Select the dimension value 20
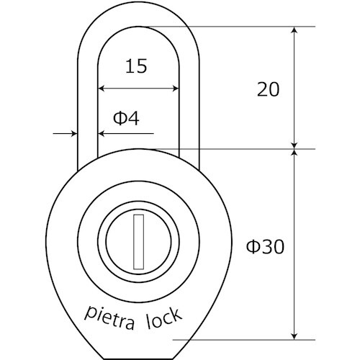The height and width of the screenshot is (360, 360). click(x=268, y=89)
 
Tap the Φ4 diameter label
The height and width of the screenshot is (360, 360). click(x=127, y=118)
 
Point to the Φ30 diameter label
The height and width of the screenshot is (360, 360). click(x=266, y=247)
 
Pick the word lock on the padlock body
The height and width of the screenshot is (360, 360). click(x=166, y=315)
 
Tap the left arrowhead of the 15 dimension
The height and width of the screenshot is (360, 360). click(x=102, y=89)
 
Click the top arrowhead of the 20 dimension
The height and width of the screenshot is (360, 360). click(x=294, y=31)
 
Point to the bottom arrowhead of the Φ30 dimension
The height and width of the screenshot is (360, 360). click(x=294, y=335)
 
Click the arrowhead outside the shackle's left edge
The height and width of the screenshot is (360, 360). click(x=73, y=134)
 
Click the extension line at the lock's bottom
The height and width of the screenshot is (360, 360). click(x=245, y=340)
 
